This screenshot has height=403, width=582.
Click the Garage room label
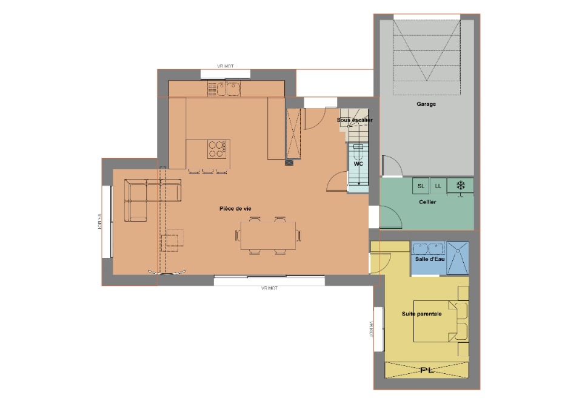(x=426, y=104)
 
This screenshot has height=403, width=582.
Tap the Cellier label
(x=427, y=202)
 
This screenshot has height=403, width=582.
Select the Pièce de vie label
(x=235, y=209)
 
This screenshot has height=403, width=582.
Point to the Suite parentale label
(x=422, y=314)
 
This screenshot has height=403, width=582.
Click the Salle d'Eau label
(x=430, y=259)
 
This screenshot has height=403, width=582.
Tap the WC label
(x=358, y=164)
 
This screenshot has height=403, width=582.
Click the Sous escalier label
(x=355, y=120)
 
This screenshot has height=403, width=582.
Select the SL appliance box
(x=421, y=186)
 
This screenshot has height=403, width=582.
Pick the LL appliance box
(x=438, y=186)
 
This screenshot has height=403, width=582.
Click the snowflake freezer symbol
(x=461, y=185)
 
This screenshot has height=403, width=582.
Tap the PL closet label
(x=427, y=370)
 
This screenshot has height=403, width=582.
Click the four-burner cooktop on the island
(x=217, y=149)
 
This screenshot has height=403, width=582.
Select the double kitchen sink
(x=228, y=89)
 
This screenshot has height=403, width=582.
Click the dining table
(x=268, y=235)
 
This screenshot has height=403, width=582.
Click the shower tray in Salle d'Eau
(x=458, y=258)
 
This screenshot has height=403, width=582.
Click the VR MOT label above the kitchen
(x=226, y=66)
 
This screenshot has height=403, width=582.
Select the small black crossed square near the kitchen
(x=289, y=162)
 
